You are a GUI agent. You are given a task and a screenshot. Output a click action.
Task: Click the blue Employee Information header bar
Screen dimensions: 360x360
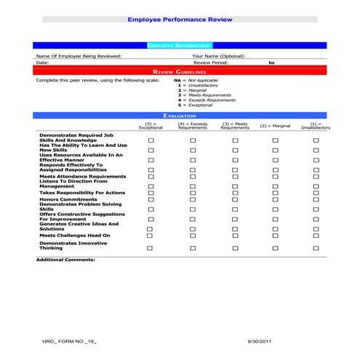pyautogui.click(x=180, y=45)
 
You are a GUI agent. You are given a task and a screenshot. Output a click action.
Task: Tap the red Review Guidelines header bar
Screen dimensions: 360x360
pyautogui.click(x=180, y=71)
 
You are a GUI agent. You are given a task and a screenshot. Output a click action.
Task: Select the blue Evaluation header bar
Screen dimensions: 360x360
pyautogui.click(x=180, y=115)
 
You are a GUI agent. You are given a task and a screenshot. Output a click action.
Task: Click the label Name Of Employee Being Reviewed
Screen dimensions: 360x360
pyautogui.click(x=79, y=55)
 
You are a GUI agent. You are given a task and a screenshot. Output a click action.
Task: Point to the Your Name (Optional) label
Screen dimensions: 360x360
pyautogui.click(x=219, y=55)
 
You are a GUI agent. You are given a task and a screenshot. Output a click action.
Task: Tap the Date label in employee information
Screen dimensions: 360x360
pyautogui.click(x=42, y=63)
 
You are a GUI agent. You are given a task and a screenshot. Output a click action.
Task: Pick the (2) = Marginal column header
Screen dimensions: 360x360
pyautogui.click(x=275, y=126)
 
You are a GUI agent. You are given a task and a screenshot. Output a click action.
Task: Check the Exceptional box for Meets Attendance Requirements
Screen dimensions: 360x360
pyautogui.click(x=151, y=176)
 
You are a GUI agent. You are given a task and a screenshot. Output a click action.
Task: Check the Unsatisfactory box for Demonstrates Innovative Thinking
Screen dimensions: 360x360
pyautogui.click(x=316, y=248)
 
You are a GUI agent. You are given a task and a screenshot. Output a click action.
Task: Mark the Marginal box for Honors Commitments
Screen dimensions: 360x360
pyautogui.click(x=275, y=200)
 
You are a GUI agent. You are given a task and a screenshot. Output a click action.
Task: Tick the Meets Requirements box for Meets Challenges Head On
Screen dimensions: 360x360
pyautogui.click(x=235, y=236)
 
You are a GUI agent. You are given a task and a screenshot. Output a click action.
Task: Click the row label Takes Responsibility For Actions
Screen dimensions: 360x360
pyautogui.click(x=82, y=193)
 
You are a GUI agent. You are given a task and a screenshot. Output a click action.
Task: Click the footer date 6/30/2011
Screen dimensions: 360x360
pyautogui.click(x=259, y=341)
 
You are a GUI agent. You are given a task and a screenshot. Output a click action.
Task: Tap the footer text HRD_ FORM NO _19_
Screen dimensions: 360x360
pyautogui.click(x=68, y=341)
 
